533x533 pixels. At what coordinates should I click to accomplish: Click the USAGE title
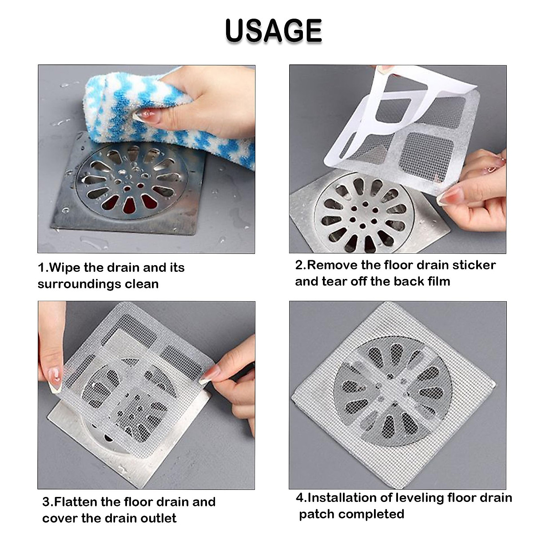pyautogui.click(x=273, y=31)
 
